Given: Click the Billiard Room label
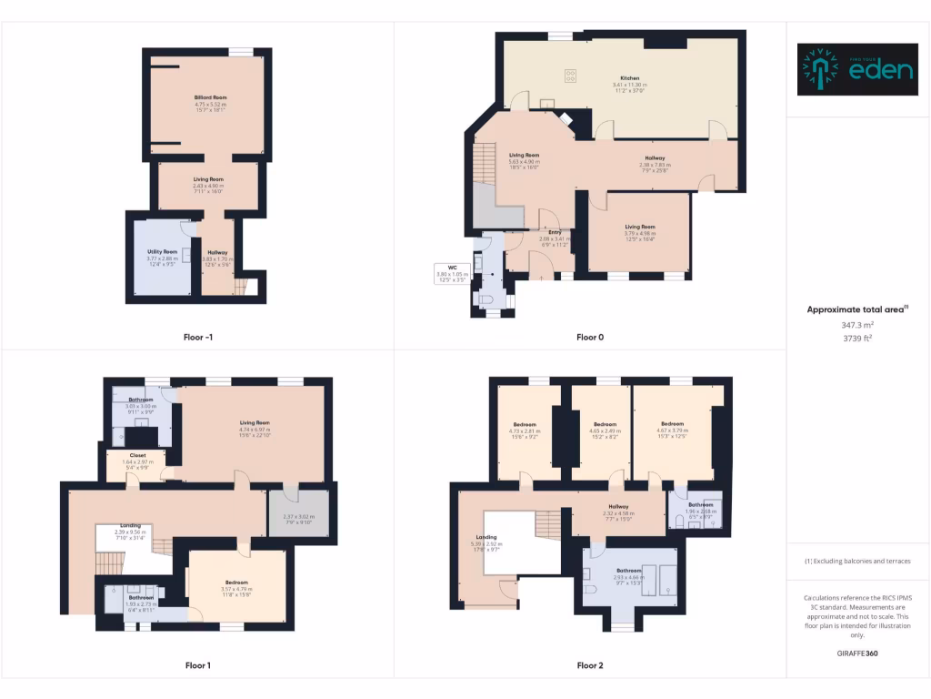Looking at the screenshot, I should [210, 97].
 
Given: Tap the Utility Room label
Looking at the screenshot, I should [162, 251].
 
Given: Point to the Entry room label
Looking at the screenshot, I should [555, 233].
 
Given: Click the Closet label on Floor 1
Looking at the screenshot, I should [138, 455].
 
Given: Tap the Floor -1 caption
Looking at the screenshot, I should [197, 338].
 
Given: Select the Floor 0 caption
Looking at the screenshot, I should [590, 338].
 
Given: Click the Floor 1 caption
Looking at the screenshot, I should [197, 665].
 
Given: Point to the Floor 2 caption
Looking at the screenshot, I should [590, 665].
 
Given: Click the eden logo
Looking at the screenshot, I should [856, 69].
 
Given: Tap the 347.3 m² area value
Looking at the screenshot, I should [857, 324].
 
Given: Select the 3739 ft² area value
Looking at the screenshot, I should [857, 337].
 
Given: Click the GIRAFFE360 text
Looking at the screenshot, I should [857, 653].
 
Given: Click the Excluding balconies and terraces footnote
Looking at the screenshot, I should [857, 561].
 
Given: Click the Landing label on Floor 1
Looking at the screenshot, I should [131, 525].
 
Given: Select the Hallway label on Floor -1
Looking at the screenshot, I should [217, 252].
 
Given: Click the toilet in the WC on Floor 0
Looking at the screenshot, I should [486, 300].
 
